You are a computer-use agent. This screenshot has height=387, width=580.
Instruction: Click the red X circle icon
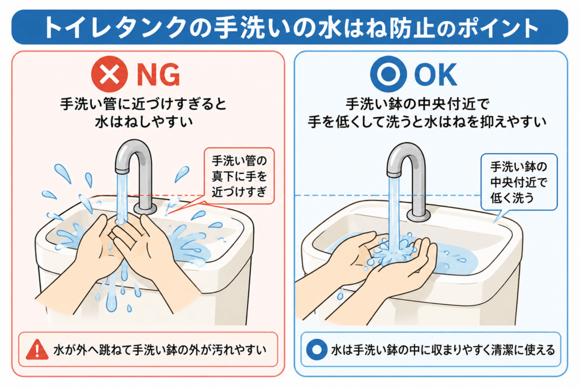(x=109, y=74)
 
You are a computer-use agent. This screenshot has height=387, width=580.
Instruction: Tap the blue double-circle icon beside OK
(x=389, y=74)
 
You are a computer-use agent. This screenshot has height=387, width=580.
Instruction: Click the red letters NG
(x=159, y=75)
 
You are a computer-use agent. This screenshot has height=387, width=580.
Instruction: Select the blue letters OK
(x=436, y=75)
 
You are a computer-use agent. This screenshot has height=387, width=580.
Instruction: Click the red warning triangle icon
(x=37, y=350)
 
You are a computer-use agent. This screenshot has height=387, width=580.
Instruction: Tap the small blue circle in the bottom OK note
(x=317, y=350)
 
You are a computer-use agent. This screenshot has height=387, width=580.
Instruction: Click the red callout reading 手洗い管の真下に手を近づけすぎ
(x=240, y=176)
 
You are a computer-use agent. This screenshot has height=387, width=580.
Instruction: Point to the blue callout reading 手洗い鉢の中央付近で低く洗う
(x=519, y=182)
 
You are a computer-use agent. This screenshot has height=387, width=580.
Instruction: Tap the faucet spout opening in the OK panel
(x=394, y=174)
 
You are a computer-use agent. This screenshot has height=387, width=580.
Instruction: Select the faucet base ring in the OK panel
(x=419, y=215)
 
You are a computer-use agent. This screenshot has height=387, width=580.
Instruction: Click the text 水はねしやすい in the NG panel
(x=144, y=122)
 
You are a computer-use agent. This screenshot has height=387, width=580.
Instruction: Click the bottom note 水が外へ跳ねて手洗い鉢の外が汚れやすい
(x=160, y=350)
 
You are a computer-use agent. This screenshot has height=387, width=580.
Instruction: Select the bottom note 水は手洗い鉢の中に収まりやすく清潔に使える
(x=443, y=350)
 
